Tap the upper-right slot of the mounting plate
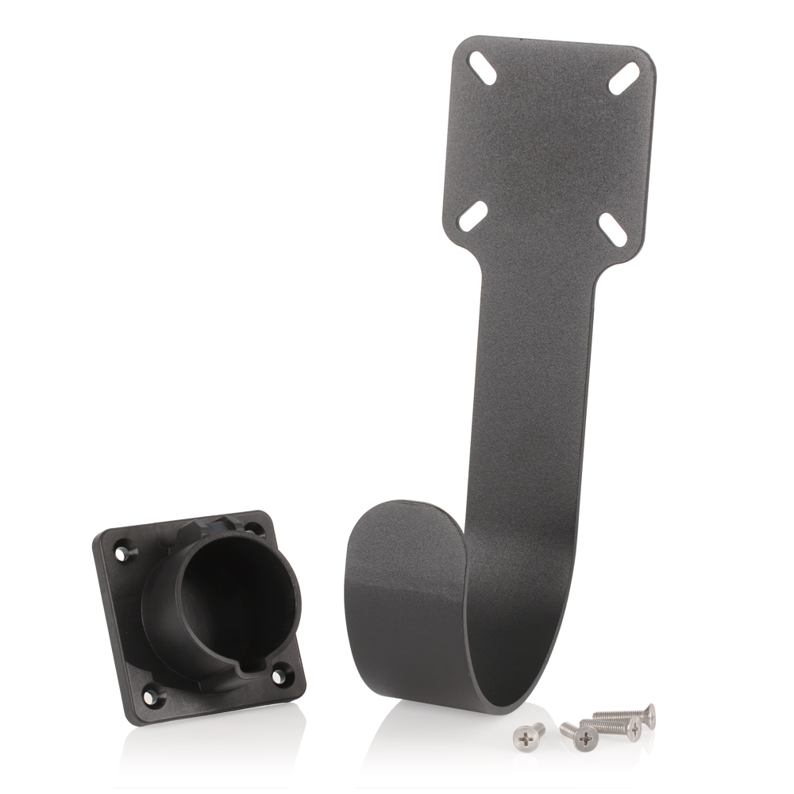click(x=624, y=77)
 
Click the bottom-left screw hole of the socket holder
click(x=151, y=698)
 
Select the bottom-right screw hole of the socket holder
click(x=279, y=677)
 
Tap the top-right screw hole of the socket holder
click(x=252, y=527)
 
